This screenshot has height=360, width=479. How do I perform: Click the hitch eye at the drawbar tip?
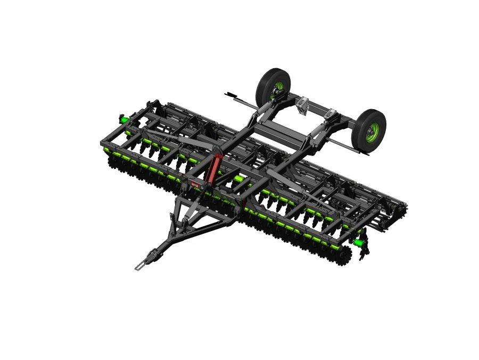[x=139, y=266]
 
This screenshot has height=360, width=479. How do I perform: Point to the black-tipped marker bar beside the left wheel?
[x=237, y=96]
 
